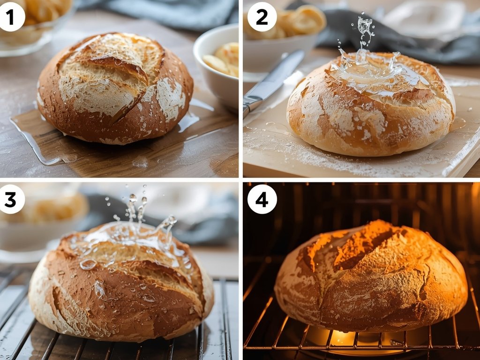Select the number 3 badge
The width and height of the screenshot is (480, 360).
click(x=10, y=199)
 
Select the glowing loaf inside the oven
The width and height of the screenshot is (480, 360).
click(x=370, y=277)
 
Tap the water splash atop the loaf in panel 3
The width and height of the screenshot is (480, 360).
click(x=136, y=225)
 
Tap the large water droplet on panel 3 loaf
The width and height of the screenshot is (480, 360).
click(x=88, y=264)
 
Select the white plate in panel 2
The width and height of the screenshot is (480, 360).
click(x=422, y=19)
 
